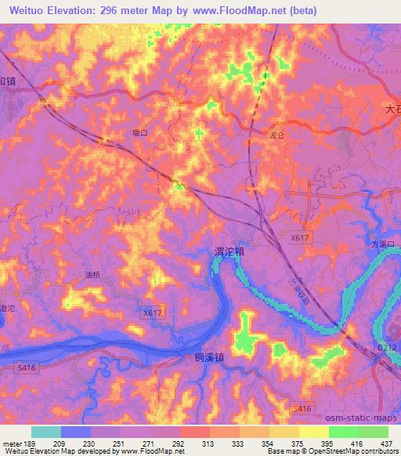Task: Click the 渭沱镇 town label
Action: pos(229,252)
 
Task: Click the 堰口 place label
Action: pos(139,134)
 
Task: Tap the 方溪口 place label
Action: pos(385,244)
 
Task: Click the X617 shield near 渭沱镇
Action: pos(300,236)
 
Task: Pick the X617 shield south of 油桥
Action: pos(154,313)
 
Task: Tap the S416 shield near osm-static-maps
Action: pos(302,408)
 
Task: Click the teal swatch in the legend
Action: pos(46,432)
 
